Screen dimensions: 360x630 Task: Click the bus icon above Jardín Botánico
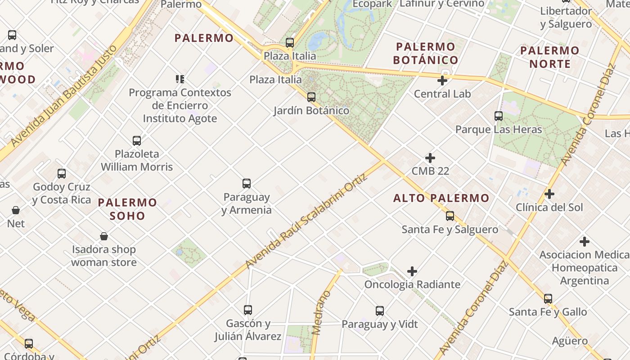(311, 97)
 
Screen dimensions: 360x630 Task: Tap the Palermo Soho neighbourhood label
(128, 209)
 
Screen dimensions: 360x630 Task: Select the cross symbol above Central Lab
(442, 81)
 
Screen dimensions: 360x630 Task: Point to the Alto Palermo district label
(441, 198)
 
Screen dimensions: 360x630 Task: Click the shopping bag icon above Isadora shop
(104, 236)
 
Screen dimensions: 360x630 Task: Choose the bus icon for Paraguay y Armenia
(246, 184)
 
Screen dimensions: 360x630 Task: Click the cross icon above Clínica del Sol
(549, 194)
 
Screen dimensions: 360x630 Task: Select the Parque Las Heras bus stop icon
(498, 116)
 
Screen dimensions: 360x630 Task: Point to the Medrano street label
(321, 313)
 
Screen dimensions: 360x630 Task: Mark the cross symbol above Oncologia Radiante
(412, 271)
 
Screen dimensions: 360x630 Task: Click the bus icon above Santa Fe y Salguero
(450, 216)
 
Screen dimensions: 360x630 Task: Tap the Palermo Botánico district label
(426, 53)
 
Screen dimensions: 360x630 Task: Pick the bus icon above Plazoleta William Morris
(137, 141)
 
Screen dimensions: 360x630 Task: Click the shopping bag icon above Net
(16, 210)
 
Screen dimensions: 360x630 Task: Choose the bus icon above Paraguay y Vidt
(379, 311)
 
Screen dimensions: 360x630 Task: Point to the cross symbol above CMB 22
(430, 158)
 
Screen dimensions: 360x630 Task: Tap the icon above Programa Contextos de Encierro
(180, 79)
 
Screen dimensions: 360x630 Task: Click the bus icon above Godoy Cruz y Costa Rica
(62, 173)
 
